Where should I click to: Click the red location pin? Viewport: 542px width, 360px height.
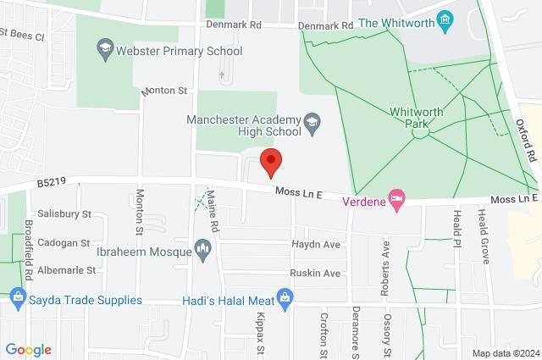click(270, 161)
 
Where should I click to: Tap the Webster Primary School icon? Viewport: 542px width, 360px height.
click(106, 50)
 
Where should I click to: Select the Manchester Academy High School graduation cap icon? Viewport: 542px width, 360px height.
click(312, 123)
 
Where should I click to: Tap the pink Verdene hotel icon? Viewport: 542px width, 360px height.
click(395, 200)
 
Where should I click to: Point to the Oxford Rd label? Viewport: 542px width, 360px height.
click(526, 140)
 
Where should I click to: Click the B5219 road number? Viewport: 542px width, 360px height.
click(51, 182)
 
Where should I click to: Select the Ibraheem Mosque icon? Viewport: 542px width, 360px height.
click(202, 247)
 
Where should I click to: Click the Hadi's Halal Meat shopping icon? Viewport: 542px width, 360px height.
click(285, 298)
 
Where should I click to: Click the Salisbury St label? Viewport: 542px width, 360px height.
click(64, 214)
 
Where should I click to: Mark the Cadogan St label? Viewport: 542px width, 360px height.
click(63, 242)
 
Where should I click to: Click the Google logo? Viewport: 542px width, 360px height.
click(29, 350)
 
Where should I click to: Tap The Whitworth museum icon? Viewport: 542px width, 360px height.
click(445, 21)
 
